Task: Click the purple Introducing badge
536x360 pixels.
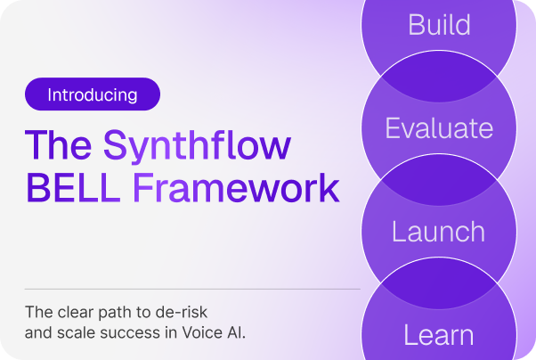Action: point(93,94)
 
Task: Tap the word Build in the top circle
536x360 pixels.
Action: point(439,24)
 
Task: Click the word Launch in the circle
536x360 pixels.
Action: point(439,232)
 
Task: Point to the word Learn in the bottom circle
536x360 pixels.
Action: point(439,336)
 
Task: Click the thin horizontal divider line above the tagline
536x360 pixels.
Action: point(191,289)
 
